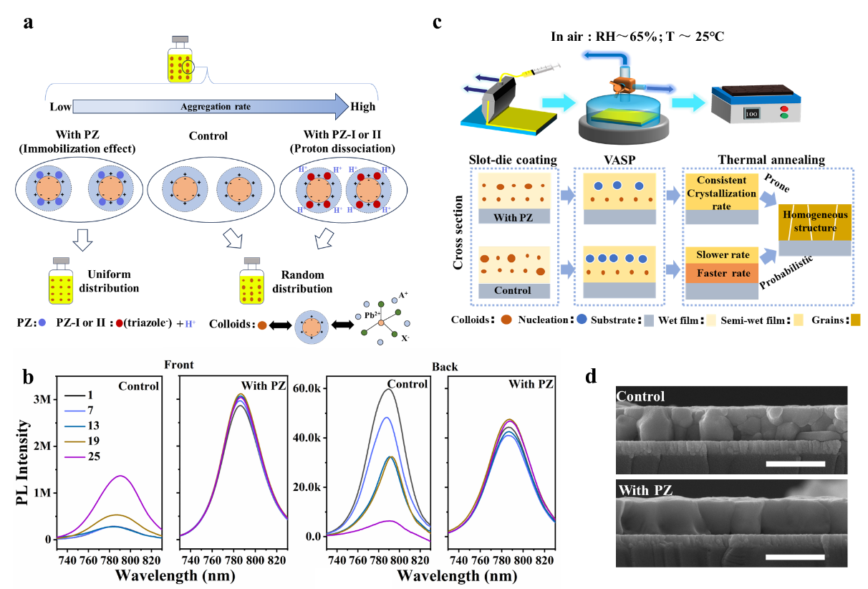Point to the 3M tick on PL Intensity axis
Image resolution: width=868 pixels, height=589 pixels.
point(42,398)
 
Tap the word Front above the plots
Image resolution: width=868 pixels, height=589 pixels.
point(179,364)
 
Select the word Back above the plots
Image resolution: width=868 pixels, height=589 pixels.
point(444,367)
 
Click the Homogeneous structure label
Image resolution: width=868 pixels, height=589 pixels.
point(815,221)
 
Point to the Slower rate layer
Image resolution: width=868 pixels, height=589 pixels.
point(723,255)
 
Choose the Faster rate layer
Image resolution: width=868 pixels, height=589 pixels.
point(723,274)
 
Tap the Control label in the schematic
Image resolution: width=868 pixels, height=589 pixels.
point(513,290)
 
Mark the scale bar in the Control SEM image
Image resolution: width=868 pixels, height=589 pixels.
point(796,464)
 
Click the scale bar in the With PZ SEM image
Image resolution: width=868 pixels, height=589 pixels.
point(795,556)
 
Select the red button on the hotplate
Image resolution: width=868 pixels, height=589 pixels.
point(783,108)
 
